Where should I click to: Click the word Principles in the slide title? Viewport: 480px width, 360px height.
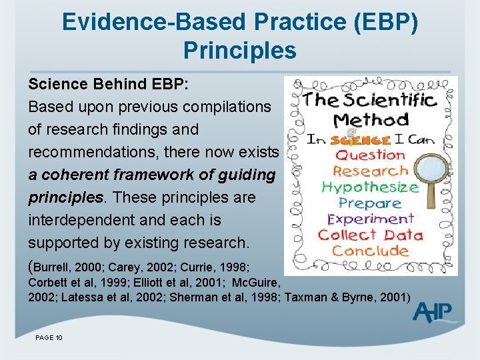pyautogui.click(x=239, y=49)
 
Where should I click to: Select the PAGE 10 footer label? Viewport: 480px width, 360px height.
pyautogui.click(x=49, y=338)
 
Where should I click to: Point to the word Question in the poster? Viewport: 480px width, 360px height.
pyautogui.click(x=369, y=154)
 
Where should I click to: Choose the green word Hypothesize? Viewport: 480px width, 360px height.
pyautogui.click(x=370, y=187)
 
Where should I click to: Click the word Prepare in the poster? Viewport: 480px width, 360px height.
pyautogui.click(x=370, y=203)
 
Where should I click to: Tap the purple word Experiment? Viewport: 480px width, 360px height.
pyautogui.click(x=370, y=219)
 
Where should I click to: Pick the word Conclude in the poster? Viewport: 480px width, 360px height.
pyautogui.click(x=370, y=251)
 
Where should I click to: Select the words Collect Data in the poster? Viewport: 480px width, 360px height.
pyautogui.click(x=370, y=235)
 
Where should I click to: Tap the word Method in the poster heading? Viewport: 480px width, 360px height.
pyautogui.click(x=371, y=121)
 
